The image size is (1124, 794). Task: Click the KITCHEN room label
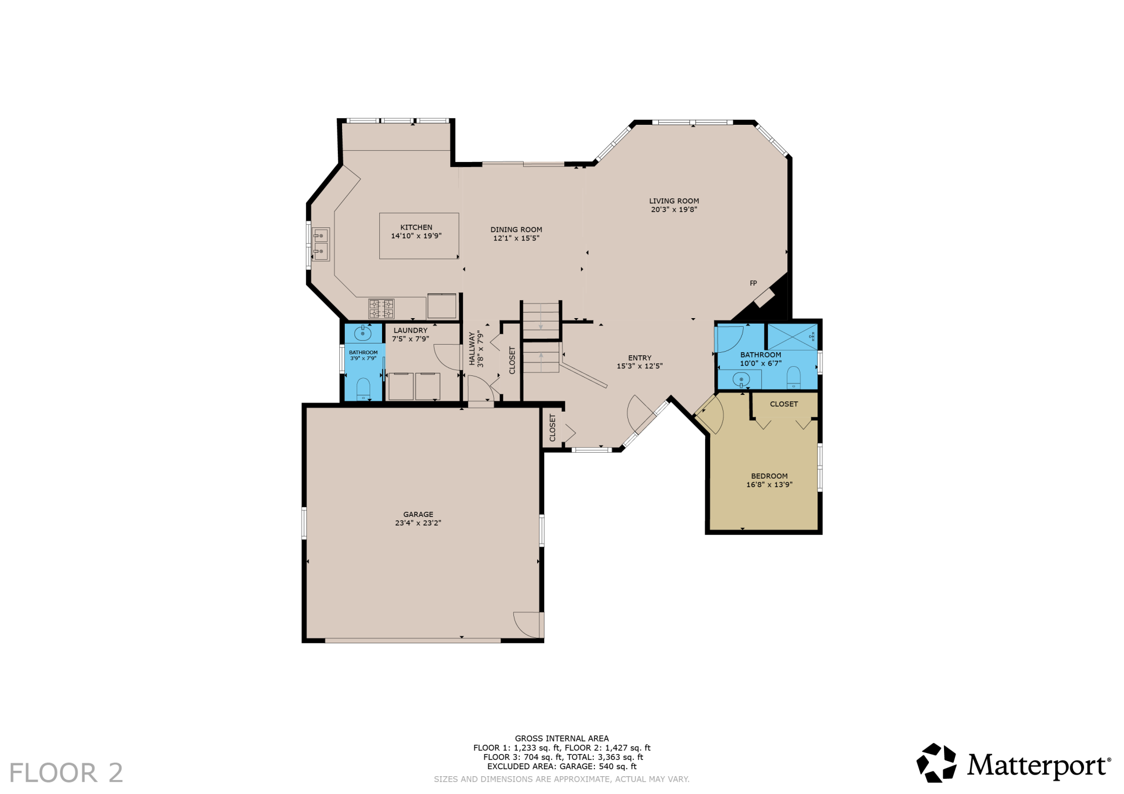point(416,227)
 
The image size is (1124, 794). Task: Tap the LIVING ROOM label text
point(674,201)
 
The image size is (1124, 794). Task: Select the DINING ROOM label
point(516,230)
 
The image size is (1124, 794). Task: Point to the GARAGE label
point(418,515)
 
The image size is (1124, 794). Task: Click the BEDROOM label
point(770,476)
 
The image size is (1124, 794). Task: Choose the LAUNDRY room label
point(411,331)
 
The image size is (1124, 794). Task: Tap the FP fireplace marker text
point(753,283)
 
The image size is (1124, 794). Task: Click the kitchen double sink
point(321,244)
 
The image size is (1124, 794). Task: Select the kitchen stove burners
point(382,309)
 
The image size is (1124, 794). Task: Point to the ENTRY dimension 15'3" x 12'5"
point(640,366)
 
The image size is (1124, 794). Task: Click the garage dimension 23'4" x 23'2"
point(418,523)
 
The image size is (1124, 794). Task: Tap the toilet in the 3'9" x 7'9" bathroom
point(363,389)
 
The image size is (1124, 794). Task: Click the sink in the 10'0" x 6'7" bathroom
point(741,380)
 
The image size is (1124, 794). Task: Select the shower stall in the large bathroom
point(793,337)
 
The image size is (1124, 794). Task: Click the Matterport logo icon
point(936,763)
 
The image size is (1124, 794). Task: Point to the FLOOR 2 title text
point(66,773)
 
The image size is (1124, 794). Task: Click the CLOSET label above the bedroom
point(784,404)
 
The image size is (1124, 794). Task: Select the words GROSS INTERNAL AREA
point(561,738)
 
